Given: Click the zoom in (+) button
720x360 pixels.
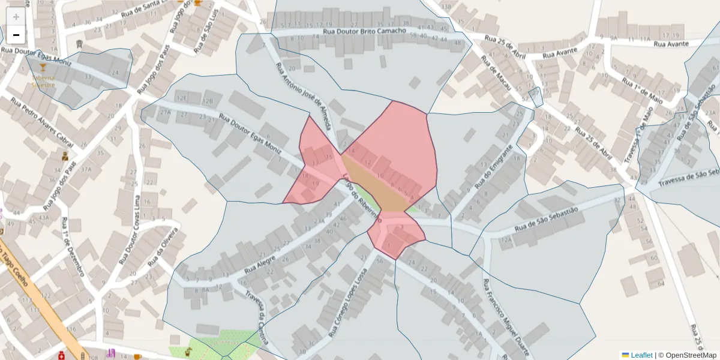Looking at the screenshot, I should coord(16,17).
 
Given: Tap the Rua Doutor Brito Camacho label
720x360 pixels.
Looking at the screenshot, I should coord(364,31).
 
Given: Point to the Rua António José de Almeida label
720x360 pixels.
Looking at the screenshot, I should coord(303,96).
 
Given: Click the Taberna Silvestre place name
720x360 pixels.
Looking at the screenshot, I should coord(43,82).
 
